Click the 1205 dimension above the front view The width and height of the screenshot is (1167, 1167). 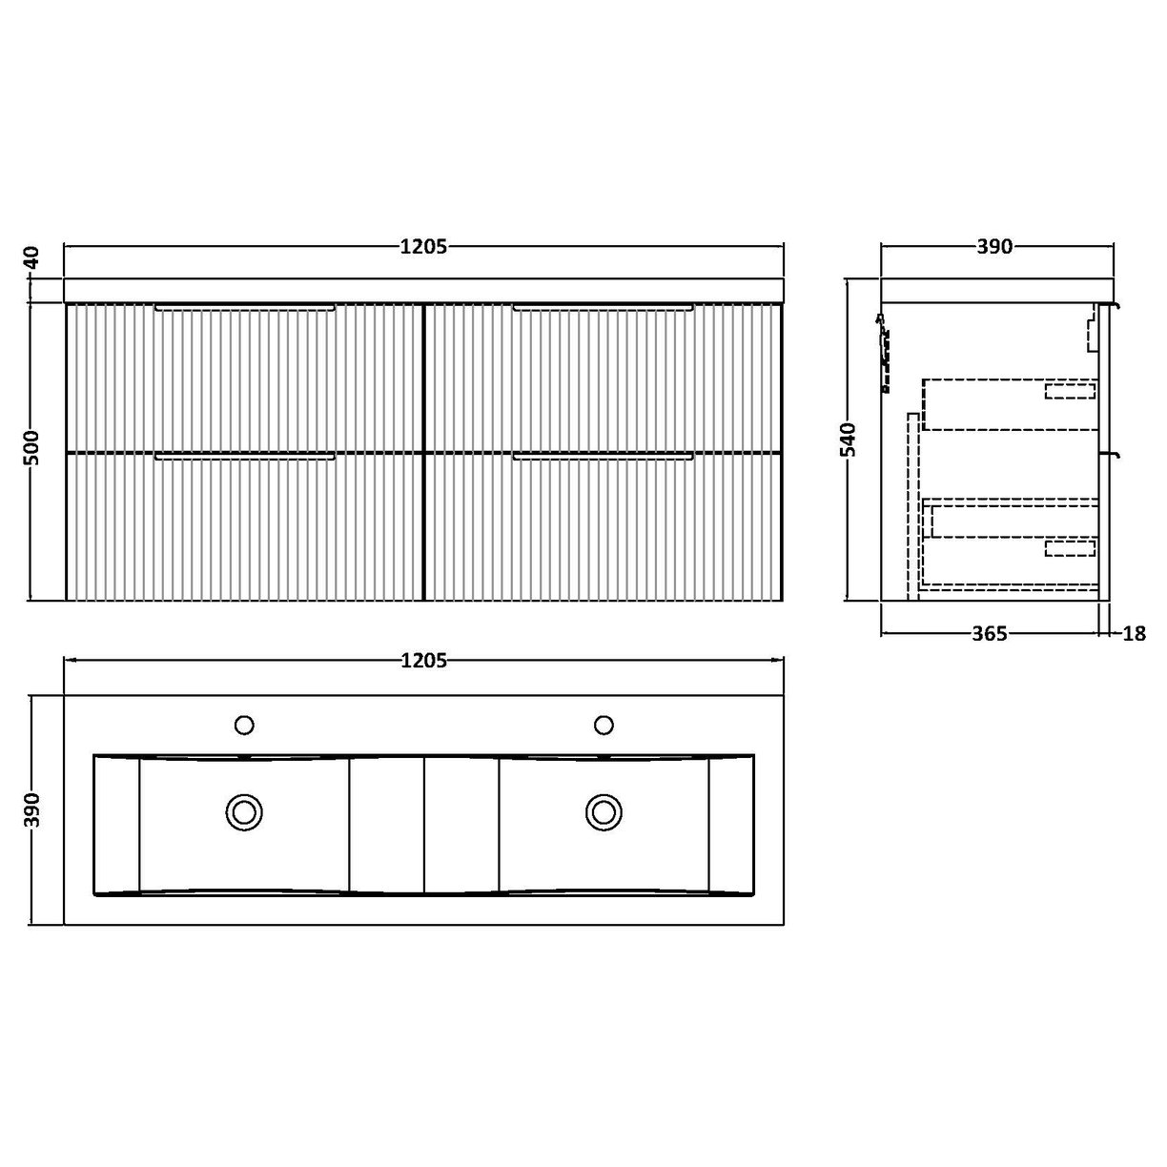tap(423, 247)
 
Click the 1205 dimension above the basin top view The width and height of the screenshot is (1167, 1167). tap(423, 660)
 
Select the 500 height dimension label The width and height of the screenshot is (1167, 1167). tap(31, 448)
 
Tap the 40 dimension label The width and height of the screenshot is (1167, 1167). tap(31, 258)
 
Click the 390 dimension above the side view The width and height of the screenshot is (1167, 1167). tap(993, 247)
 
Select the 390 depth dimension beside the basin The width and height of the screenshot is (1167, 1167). tap(31, 811)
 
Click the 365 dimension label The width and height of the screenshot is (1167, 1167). tap(989, 634)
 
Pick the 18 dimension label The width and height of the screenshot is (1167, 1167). tap(1134, 634)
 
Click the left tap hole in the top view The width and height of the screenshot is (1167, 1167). tap(244, 726)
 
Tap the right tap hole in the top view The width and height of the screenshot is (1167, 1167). tap(603, 726)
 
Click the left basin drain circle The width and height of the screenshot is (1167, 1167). tap(244, 811)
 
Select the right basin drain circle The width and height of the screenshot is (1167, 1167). tap(603, 811)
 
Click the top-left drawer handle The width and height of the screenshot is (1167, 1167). tap(244, 308)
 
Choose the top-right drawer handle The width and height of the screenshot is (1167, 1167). tap(603, 308)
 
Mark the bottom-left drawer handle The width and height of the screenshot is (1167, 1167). tap(244, 459)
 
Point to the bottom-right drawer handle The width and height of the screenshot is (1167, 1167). tap(603, 459)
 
